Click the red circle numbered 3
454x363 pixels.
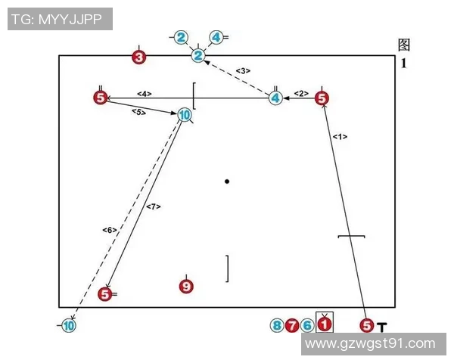tap(138, 57)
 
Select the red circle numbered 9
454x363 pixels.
tap(186, 286)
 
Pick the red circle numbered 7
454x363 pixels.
tap(292, 326)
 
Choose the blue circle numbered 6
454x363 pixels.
tap(306, 326)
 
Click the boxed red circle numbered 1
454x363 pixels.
tap(324, 324)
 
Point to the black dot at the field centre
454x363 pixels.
tap(227, 181)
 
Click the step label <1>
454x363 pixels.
tap(340, 136)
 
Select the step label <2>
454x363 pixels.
tap(301, 93)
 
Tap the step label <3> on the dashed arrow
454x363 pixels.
tap(242, 71)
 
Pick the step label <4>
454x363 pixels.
tap(145, 94)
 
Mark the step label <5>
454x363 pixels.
tap(138, 112)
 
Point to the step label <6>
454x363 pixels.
tap(108, 229)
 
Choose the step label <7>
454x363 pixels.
tap(154, 206)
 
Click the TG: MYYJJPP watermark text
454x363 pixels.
tap(60, 19)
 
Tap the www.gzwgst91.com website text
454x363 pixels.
tap(375, 344)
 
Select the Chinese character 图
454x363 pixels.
tap(404, 45)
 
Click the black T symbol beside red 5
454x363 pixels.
tap(382, 327)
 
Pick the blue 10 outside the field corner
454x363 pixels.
tap(68, 326)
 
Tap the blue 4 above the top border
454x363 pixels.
tap(216, 36)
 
